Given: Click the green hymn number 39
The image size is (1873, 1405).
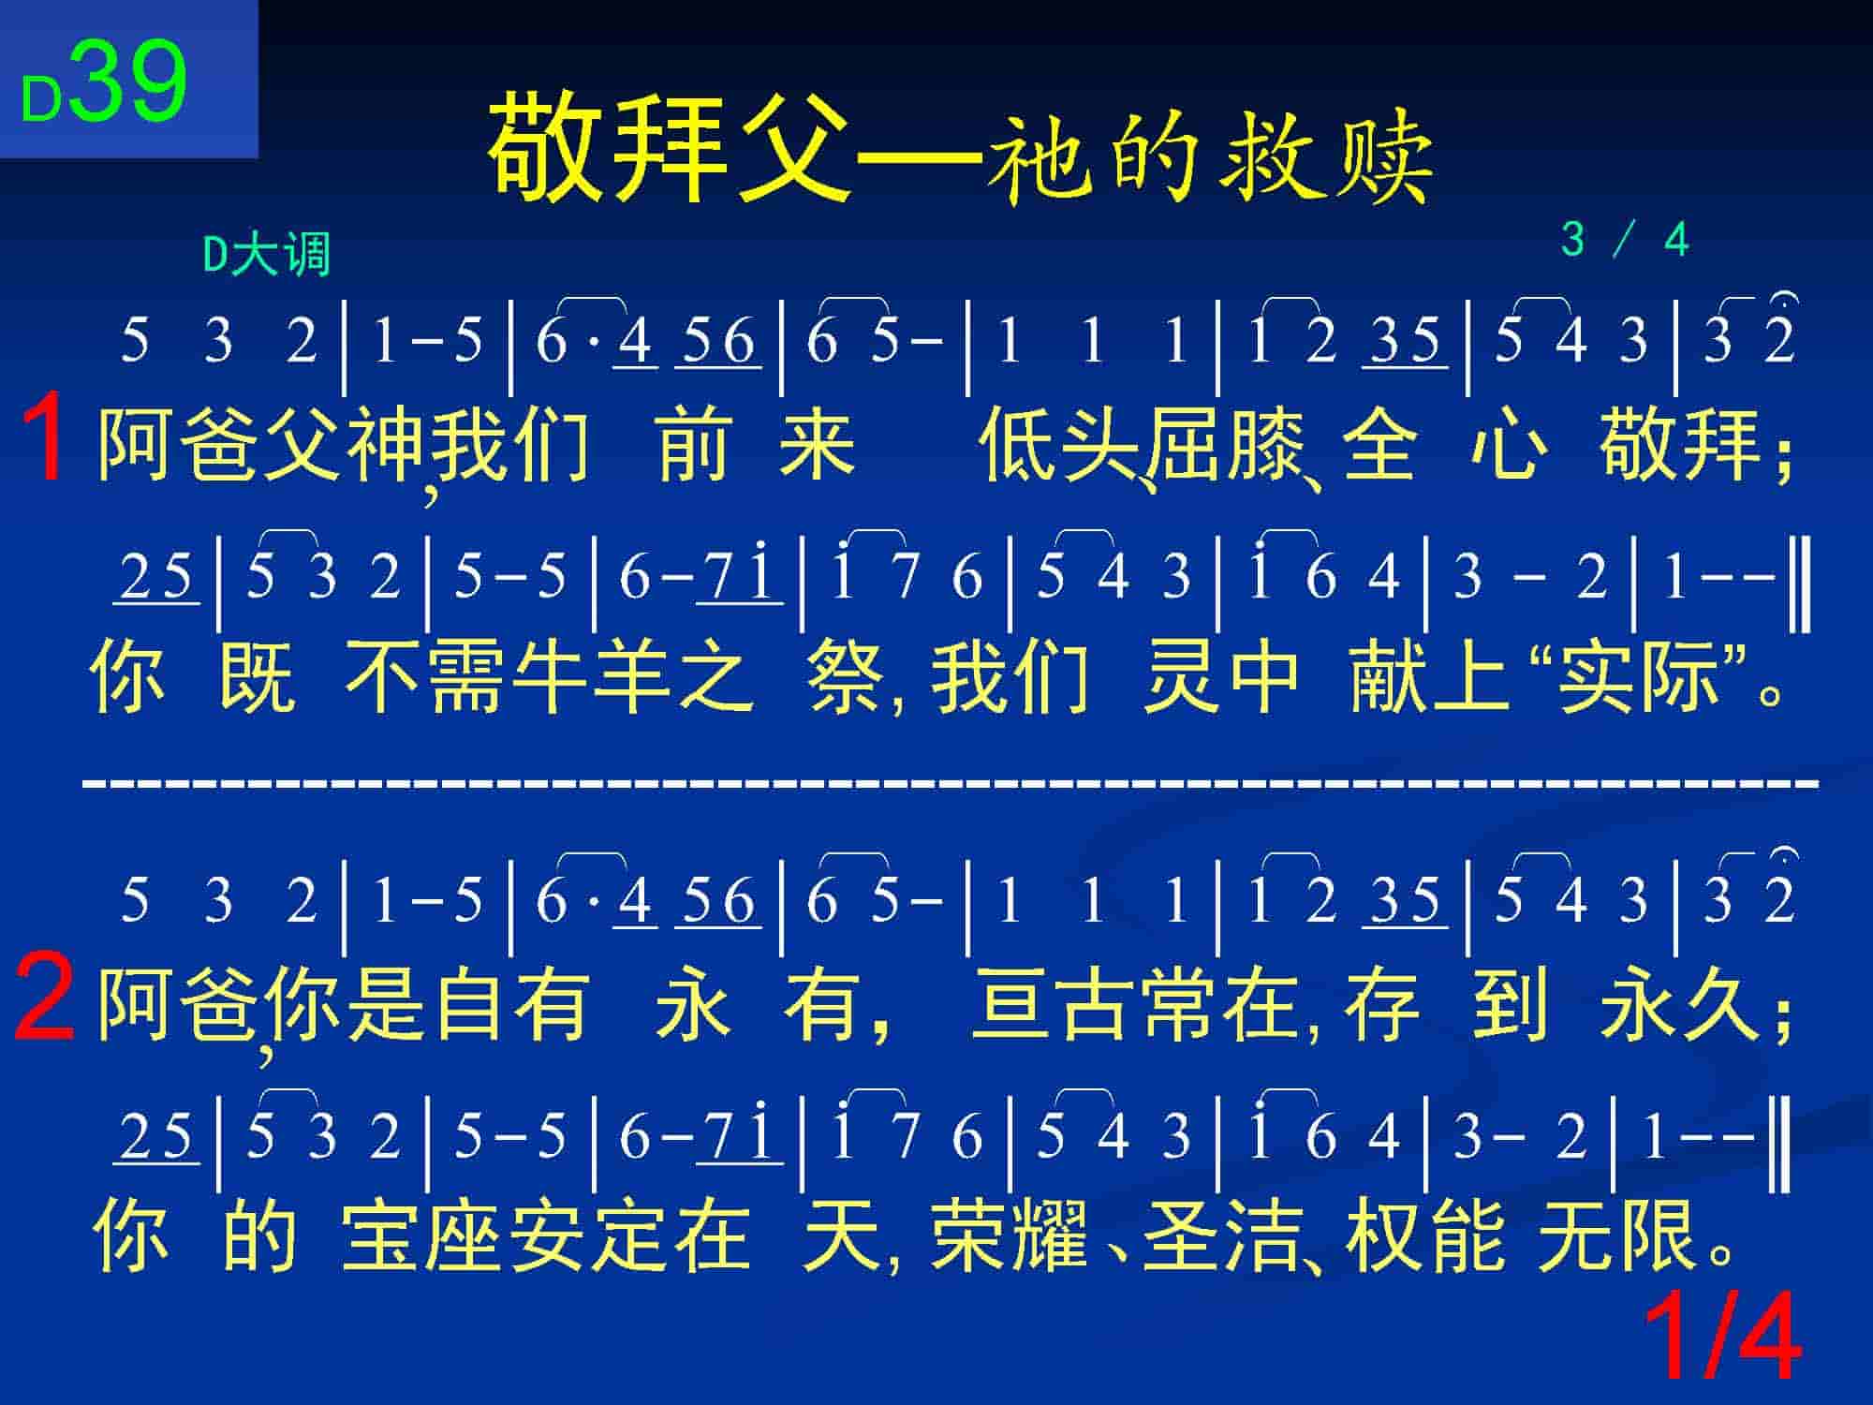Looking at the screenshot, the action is tap(128, 81).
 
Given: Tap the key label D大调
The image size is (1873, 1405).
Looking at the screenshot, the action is tap(267, 254).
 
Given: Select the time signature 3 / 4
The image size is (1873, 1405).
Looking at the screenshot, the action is tap(1625, 240).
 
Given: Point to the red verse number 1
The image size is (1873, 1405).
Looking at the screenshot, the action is tap(43, 437).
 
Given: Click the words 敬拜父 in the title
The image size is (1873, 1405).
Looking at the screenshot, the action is tap(670, 147).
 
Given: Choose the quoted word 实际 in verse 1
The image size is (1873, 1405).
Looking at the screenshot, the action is tap(1638, 677).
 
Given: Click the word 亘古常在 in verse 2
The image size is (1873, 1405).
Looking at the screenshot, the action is tap(1133, 1004).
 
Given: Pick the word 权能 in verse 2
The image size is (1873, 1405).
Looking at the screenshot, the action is tap(1424, 1235).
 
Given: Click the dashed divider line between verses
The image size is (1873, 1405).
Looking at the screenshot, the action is tap(951, 780).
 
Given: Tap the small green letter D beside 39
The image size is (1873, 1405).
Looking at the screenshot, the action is tap(41, 100).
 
